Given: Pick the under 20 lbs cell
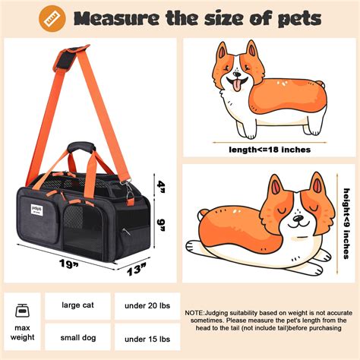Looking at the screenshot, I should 147,306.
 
